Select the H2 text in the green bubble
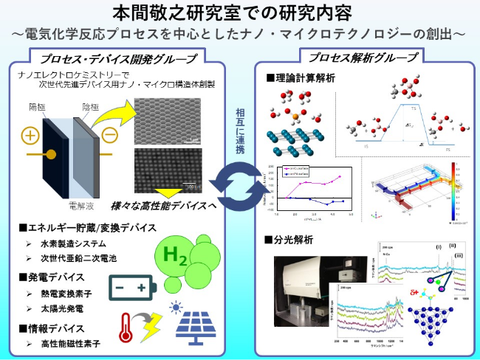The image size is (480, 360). pyautogui.click(x=174, y=256)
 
